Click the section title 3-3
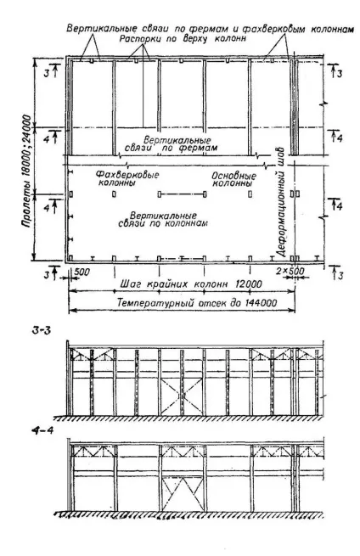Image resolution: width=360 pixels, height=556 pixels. point(42,330)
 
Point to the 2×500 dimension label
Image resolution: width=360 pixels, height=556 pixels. point(290,271)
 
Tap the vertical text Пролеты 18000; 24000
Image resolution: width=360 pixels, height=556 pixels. point(26,171)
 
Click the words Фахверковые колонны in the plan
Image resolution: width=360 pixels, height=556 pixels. point(127,179)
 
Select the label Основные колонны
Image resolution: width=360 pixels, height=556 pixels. point(233,179)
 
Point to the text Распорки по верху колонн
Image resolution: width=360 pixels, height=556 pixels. point(183,38)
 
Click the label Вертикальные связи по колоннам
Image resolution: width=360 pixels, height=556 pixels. point(163,220)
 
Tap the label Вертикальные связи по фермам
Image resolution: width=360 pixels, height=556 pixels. point(172,143)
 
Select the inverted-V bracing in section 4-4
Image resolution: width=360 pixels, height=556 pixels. point(183,494)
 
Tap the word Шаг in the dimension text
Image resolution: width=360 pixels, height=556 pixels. point(128,284)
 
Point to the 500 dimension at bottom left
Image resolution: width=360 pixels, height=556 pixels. point(82,272)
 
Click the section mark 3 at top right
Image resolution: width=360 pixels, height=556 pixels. point(340,74)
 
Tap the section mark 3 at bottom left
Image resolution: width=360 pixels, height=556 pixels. point(47,274)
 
